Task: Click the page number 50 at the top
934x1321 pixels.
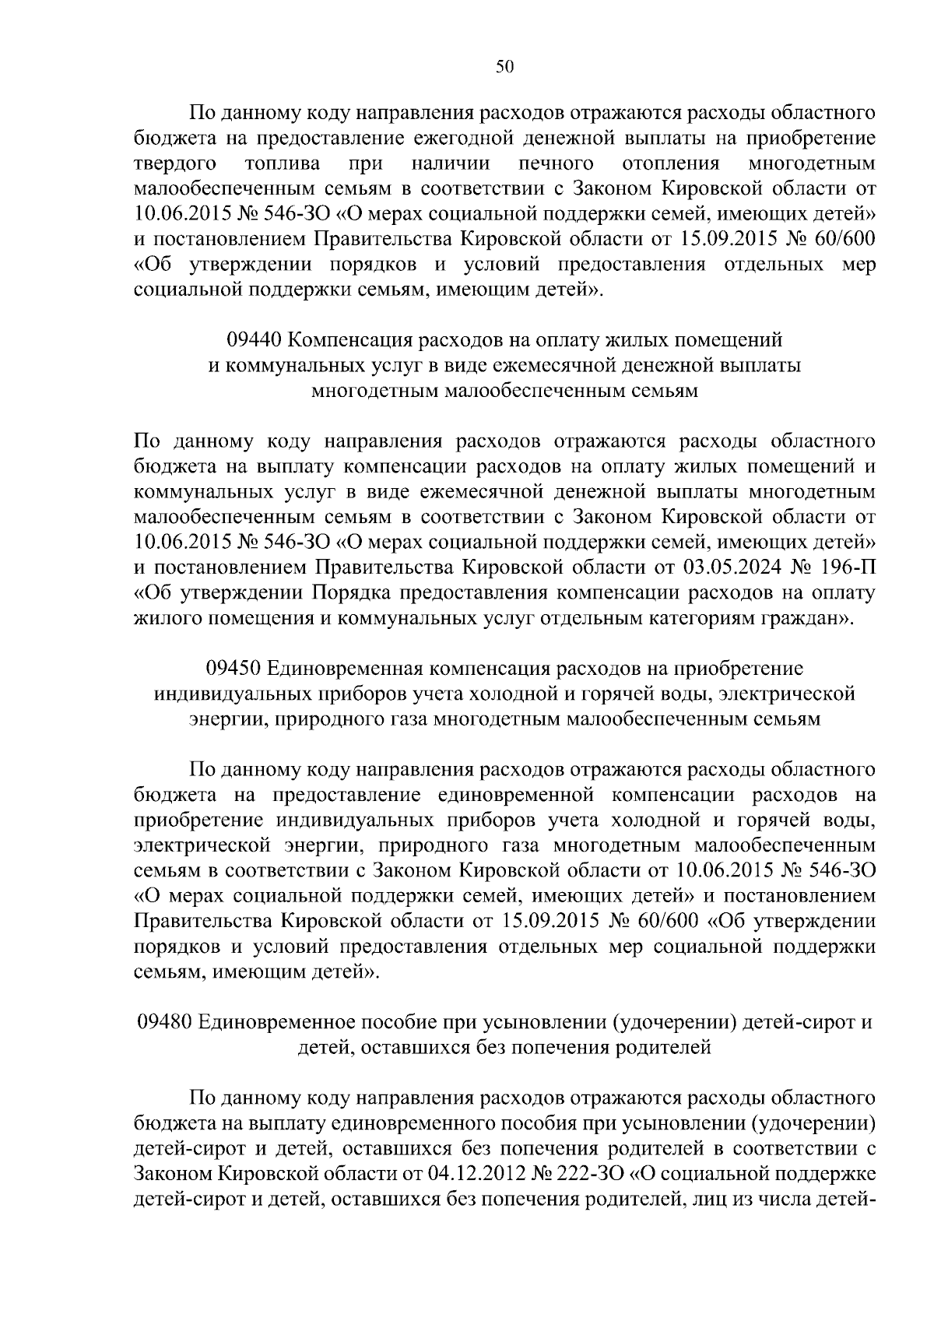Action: tap(505, 67)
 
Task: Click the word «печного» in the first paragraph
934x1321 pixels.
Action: tap(557, 163)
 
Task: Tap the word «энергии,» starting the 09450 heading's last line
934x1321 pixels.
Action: tap(220, 719)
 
